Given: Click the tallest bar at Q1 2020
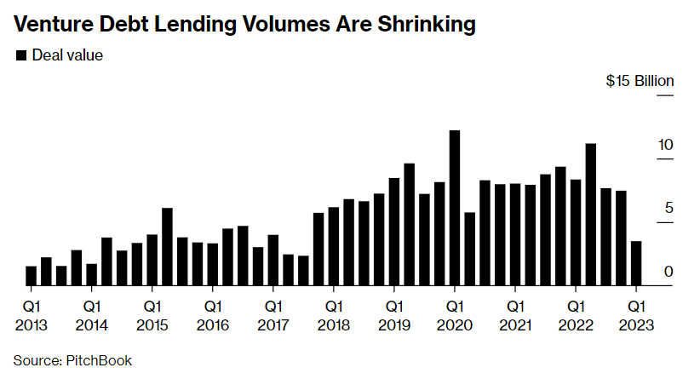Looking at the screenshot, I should point(455,209).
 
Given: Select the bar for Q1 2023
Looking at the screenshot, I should point(636,264).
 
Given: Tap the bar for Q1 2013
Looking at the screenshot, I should point(32,276).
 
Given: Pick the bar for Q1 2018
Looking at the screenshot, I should point(334,247).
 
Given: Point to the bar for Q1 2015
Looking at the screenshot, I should point(152,260).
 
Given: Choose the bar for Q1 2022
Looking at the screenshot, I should point(576,233).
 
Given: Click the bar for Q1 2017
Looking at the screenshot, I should point(273,260).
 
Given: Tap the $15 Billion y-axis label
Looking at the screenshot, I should point(640,82).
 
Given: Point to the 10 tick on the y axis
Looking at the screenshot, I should point(665,145).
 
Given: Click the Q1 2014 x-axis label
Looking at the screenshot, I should point(91,314).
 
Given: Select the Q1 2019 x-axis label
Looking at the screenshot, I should point(393,314).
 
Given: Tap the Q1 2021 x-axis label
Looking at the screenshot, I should point(514,314).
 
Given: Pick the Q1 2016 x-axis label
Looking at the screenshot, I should point(212,314).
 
